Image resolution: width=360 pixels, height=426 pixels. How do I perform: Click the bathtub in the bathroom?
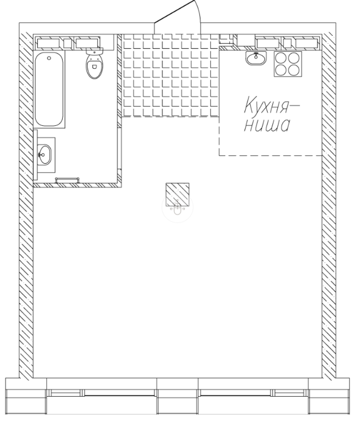click(x=49, y=89)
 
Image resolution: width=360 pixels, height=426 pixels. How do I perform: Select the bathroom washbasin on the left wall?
click(x=44, y=155)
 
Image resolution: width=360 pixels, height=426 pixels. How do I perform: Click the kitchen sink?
click(x=256, y=58)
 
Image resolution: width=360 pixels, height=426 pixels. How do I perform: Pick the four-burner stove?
click(x=288, y=64)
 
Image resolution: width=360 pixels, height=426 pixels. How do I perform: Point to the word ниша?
click(x=267, y=125)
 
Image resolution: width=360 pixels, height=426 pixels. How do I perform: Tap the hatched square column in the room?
click(x=178, y=195)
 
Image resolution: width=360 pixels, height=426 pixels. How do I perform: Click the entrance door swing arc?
click(x=198, y=12)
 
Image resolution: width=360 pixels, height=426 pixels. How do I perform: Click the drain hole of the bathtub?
click(x=49, y=58)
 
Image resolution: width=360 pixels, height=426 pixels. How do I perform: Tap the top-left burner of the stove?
click(x=281, y=58)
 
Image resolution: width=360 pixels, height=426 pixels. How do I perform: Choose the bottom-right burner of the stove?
click(x=294, y=71)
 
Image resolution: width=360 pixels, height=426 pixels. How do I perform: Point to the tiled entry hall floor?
click(x=170, y=75)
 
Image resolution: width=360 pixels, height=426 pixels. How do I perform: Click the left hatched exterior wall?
click(x=26, y=200)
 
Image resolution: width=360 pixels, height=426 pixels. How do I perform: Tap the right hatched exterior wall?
click(x=329, y=200)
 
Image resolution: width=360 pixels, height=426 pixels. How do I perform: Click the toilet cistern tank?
click(x=94, y=51)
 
